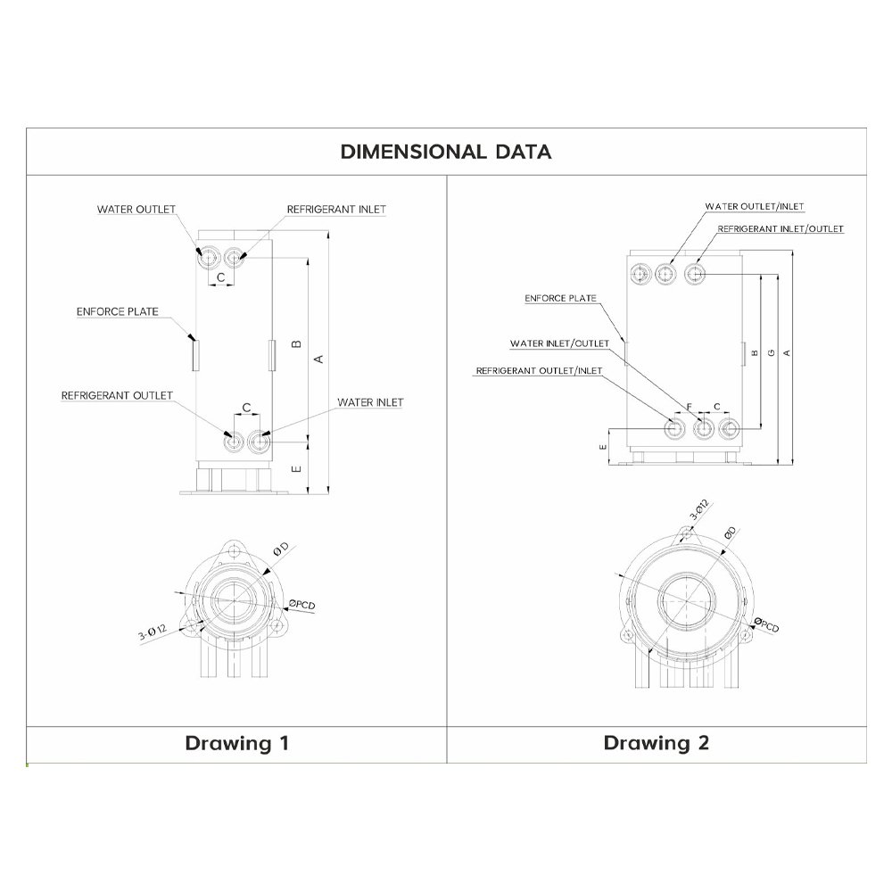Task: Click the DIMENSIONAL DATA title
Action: (446, 152)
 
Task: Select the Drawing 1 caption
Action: (236, 743)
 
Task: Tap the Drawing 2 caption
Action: (657, 743)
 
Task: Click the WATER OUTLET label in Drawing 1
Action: (136, 210)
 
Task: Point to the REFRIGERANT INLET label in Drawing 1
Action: (336, 210)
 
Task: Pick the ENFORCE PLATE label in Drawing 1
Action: (117, 311)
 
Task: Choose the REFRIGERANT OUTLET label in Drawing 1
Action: (117, 395)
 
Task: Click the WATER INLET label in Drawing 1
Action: (370, 402)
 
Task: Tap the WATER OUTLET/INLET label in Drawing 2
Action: (755, 207)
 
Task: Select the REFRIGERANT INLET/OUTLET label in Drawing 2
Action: (780, 228)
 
